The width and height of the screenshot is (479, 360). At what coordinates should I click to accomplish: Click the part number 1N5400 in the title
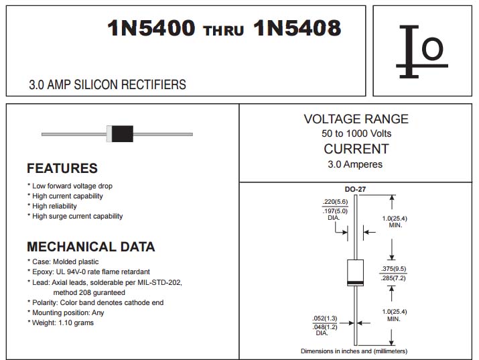click(x=151, y=27)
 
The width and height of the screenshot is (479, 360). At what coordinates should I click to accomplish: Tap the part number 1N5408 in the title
click(x=297, y=27)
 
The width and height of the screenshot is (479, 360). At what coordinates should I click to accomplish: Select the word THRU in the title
click(x=224, y=31)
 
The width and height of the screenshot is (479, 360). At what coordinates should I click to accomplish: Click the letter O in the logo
click(x=432, y=48)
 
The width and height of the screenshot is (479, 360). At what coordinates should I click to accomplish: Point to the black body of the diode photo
click(x=122, y=133)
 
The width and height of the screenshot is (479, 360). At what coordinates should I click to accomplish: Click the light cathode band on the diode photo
click(x=109, y=133)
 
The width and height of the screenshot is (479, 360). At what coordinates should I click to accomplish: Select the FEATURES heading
click(x=62, y=168)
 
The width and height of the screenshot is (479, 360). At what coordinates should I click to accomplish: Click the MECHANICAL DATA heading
click(x=91, y=247)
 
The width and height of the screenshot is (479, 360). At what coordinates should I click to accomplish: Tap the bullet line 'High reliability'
click(x=52, y=206)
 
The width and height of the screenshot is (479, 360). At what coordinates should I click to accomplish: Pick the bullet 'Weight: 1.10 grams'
click(x=60, y=322)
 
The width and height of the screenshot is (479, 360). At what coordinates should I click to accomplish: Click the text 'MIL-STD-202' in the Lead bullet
click(x=159, y=282)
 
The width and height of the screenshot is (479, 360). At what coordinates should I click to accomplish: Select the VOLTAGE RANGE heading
click(x=356, y=119)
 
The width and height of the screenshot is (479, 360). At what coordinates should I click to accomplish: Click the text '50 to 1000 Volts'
click(x=356, y=133)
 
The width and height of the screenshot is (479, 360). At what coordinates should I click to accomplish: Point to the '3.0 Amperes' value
click(x=355, y=164)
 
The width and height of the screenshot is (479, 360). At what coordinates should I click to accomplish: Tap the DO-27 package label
click(x=355, y=189)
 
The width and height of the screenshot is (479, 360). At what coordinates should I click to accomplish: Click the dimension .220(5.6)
click(x=335, y=202)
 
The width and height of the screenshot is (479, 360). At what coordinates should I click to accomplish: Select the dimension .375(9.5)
click(x=393, y=269)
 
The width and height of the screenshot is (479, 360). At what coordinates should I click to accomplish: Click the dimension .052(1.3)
click(x=325, y=318)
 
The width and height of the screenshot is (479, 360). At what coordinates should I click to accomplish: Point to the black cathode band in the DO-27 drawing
click(x=355, y=282)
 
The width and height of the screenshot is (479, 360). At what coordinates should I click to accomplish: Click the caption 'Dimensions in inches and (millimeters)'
click(x=354, y=351)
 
